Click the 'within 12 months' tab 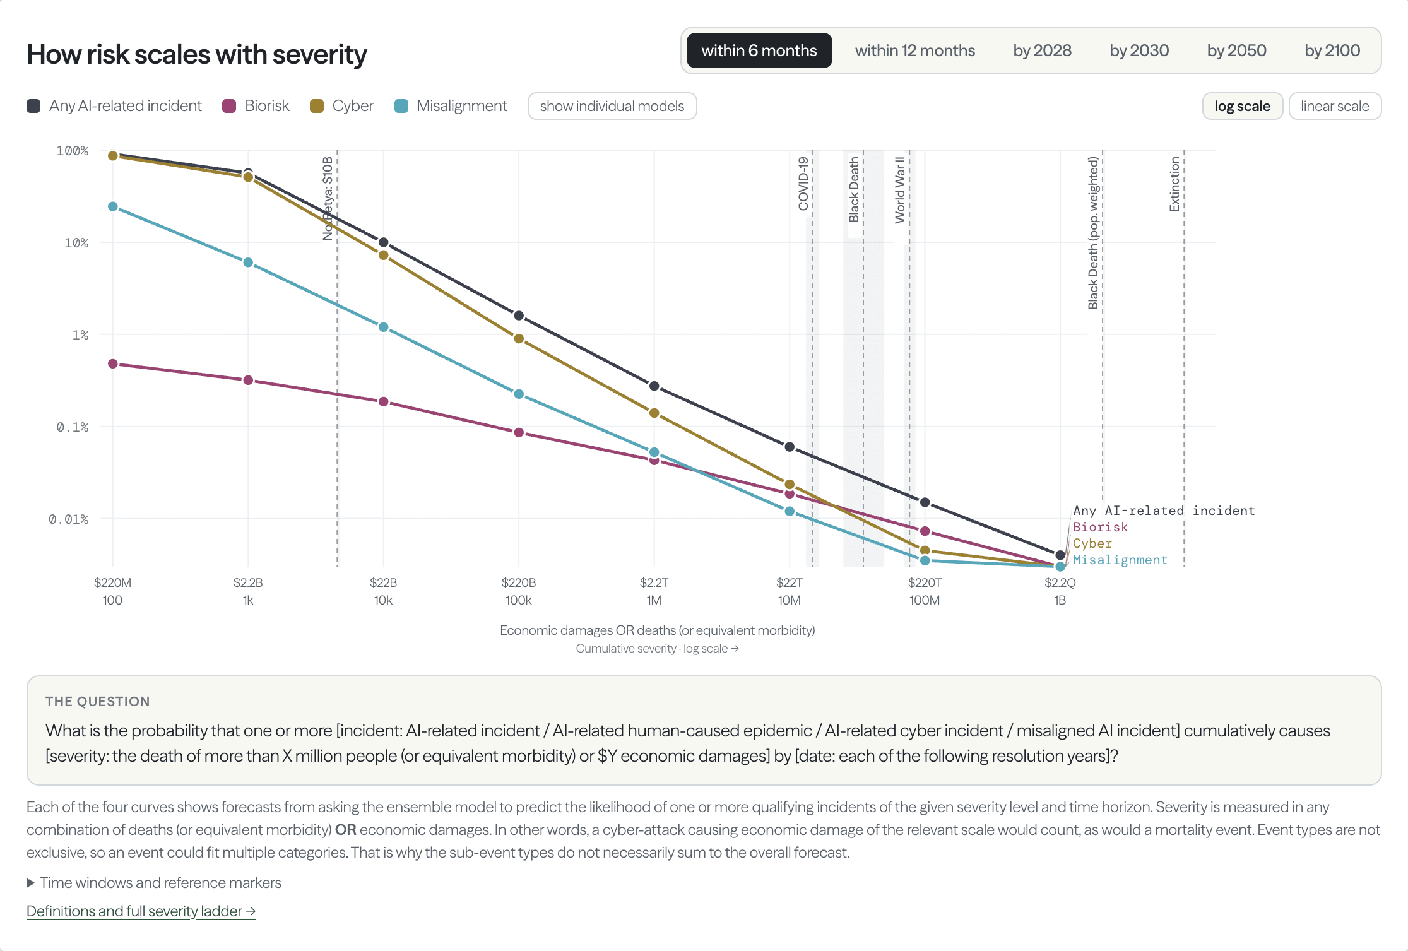pyautogui.click(x=914, y=50)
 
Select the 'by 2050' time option pyautogui.click(x=1236, y=50)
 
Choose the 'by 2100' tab pyautogui.click(x=1332, y=50)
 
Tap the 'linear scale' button pyautogui.click(x=1335, y=106)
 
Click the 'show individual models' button pyautogui.click(x=612, y=106)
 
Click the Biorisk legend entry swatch pyautogui.click(x=229, y=106)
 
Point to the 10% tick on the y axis pyautogui.click(x=76, y=243)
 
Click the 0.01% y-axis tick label pyautogui.click(x=69, y=519)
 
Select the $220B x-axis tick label pyautogui.click(x=519, y=582)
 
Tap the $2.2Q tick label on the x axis pyautogui.click(x=1060, y=582)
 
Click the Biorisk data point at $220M pyautogui.click(x=113, y=364)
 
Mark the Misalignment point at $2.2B pyautogui.click(x=248, y=263)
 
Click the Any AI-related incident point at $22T pyautogui.click(x=790, y=447)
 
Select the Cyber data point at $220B pyautogui.click(x=519, y=339)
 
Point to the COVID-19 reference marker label pyautogui.click(x=803, y=184)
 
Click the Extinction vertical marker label pyautogui.click(x=1174, y=184)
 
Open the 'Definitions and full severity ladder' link pyautogui.click(x=141, y=911)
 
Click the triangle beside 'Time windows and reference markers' pyautogui.click(x=30, y=883)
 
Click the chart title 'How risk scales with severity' pyautogui.click(x=197, y=54)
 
